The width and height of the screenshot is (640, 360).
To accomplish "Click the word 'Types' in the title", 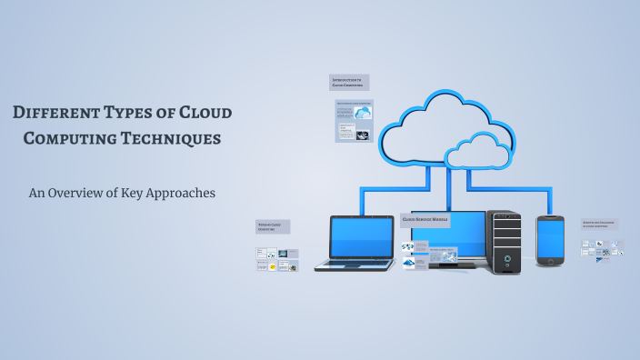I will coord(135,114).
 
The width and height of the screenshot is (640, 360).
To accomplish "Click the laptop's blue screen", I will coord(361,237).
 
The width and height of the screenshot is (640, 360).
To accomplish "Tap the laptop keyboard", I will coord(355,264).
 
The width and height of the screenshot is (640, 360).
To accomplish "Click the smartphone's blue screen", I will coord(551,238).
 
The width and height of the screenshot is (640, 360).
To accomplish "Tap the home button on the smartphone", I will coord(551,262).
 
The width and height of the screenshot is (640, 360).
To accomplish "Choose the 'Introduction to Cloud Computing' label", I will coord(349,83).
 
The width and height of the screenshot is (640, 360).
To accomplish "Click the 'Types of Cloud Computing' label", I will coord(273,226).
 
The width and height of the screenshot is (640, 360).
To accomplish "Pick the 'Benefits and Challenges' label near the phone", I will coord(600,225).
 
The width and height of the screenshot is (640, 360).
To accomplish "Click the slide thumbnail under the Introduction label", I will coord(354,121).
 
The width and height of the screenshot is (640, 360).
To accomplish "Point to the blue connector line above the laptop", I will coord(362,200).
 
